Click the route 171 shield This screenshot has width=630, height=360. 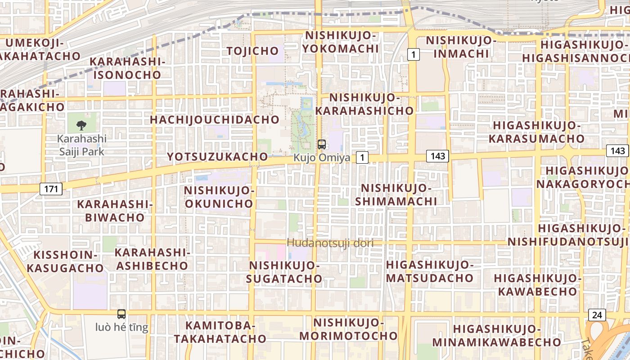pyautogui.click(x=51, y=189)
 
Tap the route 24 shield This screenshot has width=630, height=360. pyautogui.click(x=597, y=315)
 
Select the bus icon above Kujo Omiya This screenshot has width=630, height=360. pyautogui.click(x=321, y=144)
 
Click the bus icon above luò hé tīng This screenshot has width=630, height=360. pyautogui.click(x=121, y=314)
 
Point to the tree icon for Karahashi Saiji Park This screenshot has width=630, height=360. pyautogui.click(x=81, y=126)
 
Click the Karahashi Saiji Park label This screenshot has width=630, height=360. pyautogui.click(x=82, y=145)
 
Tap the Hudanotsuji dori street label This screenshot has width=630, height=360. pyautogui.click(x=330, y=243)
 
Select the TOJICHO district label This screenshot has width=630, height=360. pyautogui.click(x=253, y=51)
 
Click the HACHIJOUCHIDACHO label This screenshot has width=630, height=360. pyautogui.click(x=215, y=120)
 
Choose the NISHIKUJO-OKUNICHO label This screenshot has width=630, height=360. pyautogui.click(x=219, y=197)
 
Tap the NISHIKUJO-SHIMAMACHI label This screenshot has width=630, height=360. pyautogui.click(x=396, y=194)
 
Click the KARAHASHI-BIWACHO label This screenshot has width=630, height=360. pyautogui.click(x=115, y=211)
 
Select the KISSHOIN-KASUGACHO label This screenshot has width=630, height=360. pyautogui.click(x=65, y=261)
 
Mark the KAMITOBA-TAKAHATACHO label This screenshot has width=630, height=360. pyautogui.click(x=220, y=332)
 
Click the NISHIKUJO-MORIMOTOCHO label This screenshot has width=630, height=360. pyautogui.click(x=348, y=329)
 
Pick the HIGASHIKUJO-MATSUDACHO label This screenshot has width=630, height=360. pyautogui.click(x=430, y=271)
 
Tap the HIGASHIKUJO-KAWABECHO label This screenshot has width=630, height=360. pyautogui.click(x=538, y=284)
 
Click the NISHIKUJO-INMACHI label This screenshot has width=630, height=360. pyautogui.click(x=461, y=47)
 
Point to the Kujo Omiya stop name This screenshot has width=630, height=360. pyautogui.click(x=322, y=158)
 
